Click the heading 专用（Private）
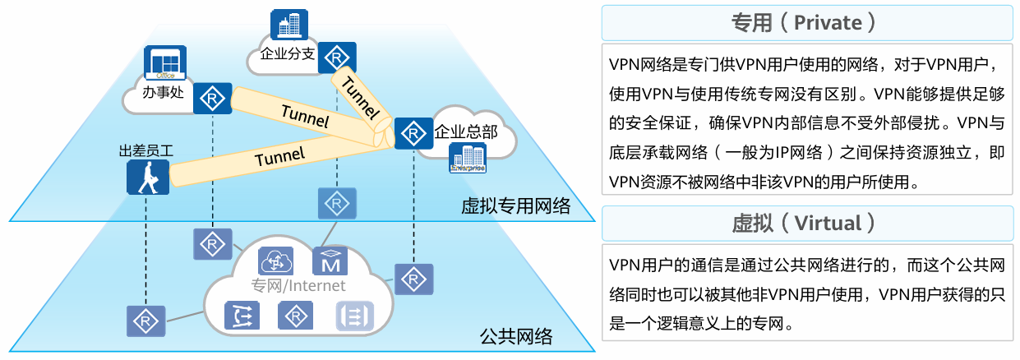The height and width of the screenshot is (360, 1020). [x=809, y=22]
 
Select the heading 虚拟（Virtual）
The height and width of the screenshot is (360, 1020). [x=809, y=223]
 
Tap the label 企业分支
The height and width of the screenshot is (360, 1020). [x=287, y=55]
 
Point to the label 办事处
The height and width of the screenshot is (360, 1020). [x=162, y=91]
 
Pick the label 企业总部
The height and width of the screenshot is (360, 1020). [x=466, y=132]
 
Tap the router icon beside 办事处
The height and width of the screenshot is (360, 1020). [x=213, y=99]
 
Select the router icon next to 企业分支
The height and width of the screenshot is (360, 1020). [x=336, y=58]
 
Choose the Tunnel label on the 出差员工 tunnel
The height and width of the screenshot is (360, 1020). [x=279, y=155]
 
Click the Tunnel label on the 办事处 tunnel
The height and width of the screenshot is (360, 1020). [x=304, y=115]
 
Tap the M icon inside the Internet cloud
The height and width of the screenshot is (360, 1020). [x=330, y=261]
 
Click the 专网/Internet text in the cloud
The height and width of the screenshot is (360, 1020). [x=298, y=286]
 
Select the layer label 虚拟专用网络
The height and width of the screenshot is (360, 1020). [x=515, y=205]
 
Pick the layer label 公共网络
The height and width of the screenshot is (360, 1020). [x=515, y=336]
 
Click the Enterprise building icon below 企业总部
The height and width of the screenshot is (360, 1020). [x=468, y=159]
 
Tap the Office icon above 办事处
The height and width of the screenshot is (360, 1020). [x=162, y=63]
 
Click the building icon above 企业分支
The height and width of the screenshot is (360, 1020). [x=288, y=25]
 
